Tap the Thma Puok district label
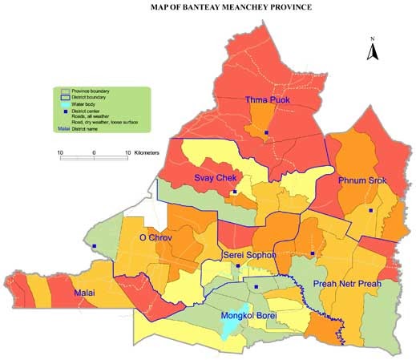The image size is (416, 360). tap(267, 100)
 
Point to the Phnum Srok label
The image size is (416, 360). tap(361, 180)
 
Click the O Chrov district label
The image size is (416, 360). tap(155, 237)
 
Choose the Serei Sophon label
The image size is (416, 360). tap(248, 254)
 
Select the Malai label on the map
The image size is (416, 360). tap(83, 293)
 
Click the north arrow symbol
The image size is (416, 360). tap(372, 51)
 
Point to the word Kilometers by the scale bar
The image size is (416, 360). tap(147, 152)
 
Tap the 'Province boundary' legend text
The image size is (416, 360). tap(90, 91)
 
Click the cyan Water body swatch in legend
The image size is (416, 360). tap(65, 105)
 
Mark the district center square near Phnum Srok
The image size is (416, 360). tap(370, 210)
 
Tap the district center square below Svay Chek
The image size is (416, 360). tap(233, 192)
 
